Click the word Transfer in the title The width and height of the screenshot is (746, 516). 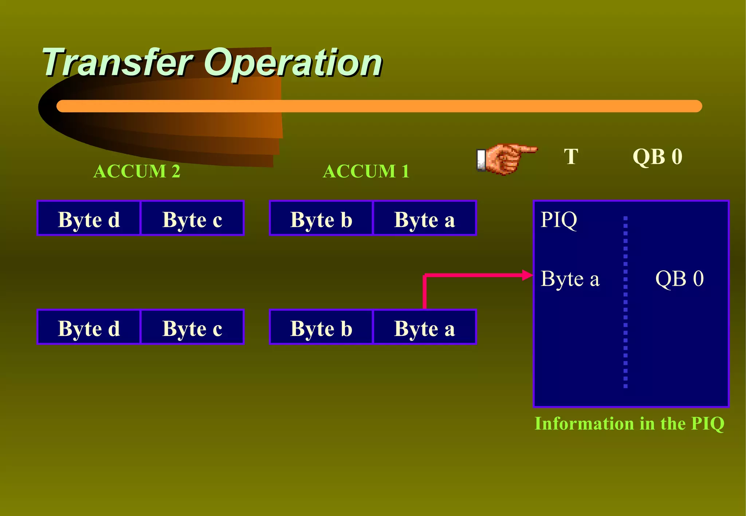point(117,63)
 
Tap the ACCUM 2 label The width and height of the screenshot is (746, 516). point(137,171)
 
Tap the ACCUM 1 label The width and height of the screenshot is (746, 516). point(366,171)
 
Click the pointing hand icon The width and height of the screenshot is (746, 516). point(504,159)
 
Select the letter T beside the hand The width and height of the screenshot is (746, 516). point(571,157)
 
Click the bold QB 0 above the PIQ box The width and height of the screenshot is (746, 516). point(657,157)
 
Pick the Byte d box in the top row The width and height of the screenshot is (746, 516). point(89,218)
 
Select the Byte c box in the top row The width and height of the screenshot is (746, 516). point(192,218)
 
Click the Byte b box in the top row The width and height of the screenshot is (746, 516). point(321,218)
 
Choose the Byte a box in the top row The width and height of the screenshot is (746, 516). point(425,218)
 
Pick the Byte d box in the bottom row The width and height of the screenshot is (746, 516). point(89,327)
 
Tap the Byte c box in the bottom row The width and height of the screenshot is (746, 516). point(192,327)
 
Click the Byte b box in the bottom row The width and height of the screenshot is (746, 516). point(321,327)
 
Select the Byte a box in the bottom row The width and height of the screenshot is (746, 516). point(425,327)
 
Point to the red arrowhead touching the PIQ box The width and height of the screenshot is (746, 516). point(527,275)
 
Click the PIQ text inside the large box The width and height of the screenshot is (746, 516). point(558,219)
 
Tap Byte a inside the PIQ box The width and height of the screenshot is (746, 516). point(570,279)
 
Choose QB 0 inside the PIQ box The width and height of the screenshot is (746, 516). point(679,279)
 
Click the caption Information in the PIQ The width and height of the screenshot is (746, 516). point(629,424)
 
